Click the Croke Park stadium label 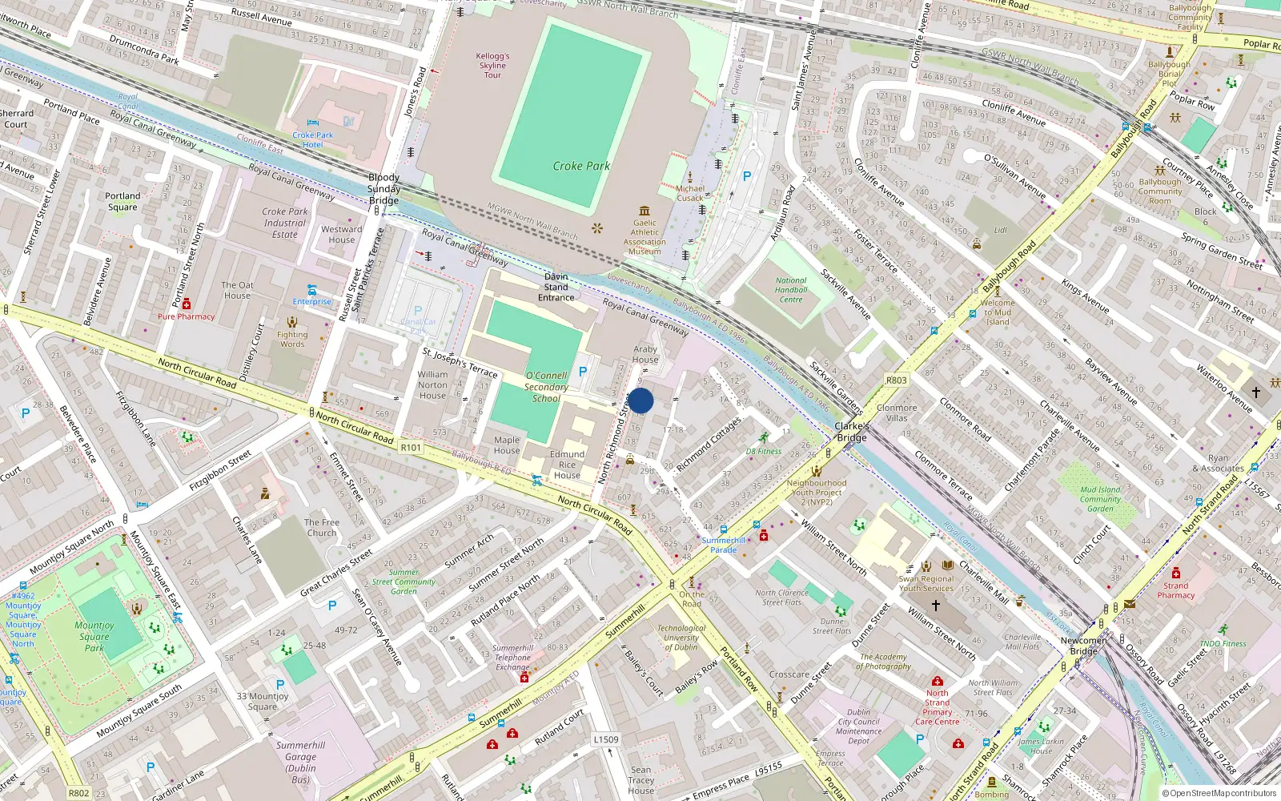581,166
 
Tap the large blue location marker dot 640,400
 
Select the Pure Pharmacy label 186,316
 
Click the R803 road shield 896,380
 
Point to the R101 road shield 411,447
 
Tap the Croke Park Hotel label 312,139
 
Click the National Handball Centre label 791,290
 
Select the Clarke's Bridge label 852,432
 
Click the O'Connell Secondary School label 546,387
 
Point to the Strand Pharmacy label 1175,590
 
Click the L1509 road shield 606,739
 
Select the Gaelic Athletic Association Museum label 645,237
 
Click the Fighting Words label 292,340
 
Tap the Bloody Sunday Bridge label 383,189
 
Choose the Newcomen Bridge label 1083,646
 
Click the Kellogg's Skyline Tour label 492,66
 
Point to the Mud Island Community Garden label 1100,499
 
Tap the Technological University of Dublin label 681,638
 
